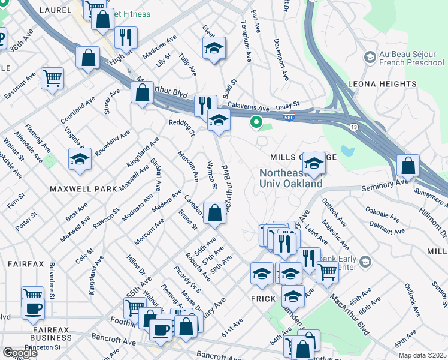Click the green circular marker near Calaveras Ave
(256, 122)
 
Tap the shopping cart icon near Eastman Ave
(52, 77)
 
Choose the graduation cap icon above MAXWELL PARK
(80, 159)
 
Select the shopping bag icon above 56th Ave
(214, 212)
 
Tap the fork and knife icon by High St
(126, 37)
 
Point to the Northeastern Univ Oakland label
(291, 178)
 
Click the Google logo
(20, 353)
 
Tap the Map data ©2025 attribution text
(422, 355)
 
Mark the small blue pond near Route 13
(347, 150)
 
